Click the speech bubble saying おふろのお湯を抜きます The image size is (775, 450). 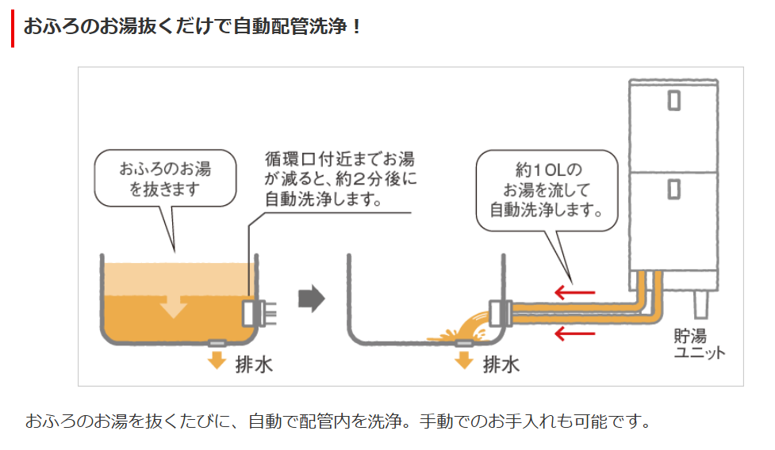tap(166, 179)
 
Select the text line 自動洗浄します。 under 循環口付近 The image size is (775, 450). tap(322, 199)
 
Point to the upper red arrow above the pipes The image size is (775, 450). tap(574, 292)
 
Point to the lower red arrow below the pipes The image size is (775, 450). tap(574, 334)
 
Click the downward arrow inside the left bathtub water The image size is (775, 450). tap(174, 304)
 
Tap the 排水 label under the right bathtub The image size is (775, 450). tap(501, 364)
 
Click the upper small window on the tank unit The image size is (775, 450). tap(674, 100)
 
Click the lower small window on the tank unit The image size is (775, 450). tap(674, 189)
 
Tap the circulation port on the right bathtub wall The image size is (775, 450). tap(501, 312)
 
